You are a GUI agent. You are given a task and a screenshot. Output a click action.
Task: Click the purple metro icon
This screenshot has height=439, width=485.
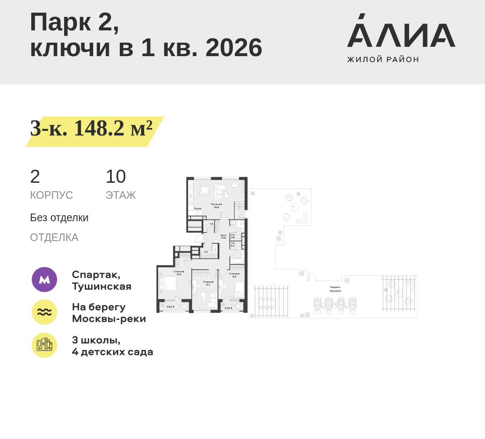pos(44,279)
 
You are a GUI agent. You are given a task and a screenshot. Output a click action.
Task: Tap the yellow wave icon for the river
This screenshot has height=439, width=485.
pos(44,312)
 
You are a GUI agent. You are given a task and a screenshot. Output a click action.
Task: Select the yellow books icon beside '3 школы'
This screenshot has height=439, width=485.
pos(44,345)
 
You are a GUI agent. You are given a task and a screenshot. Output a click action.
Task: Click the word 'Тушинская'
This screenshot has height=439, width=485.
pos(102,286)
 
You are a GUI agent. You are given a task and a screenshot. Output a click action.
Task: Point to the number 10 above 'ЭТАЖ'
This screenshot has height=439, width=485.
pos(116,176)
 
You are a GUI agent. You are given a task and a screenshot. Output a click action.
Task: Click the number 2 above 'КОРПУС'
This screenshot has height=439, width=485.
pos(35,176)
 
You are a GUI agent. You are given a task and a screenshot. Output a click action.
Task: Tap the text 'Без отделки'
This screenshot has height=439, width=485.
pos(59,217)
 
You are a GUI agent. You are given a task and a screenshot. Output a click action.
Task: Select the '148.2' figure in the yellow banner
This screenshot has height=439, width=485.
pos(99,128)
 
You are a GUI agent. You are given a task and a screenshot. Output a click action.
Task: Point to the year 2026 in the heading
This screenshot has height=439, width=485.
pos(234,47)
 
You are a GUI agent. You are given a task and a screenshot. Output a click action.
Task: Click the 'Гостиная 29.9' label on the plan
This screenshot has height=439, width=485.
pos(216,206)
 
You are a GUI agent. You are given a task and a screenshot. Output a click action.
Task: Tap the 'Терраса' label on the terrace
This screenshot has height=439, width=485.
pos(335,287)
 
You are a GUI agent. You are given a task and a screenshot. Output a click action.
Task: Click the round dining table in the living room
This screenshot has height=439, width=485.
pos(205,190)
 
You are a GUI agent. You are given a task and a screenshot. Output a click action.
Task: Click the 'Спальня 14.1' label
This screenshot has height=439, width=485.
pos(208,283)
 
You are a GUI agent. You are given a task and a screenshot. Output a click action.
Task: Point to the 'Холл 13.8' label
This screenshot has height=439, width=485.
pos(223,236)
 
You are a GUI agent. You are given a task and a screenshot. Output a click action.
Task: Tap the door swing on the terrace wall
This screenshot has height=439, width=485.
pos(312,277)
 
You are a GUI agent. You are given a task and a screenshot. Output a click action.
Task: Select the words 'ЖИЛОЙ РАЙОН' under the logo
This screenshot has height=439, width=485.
pos(383,60)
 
